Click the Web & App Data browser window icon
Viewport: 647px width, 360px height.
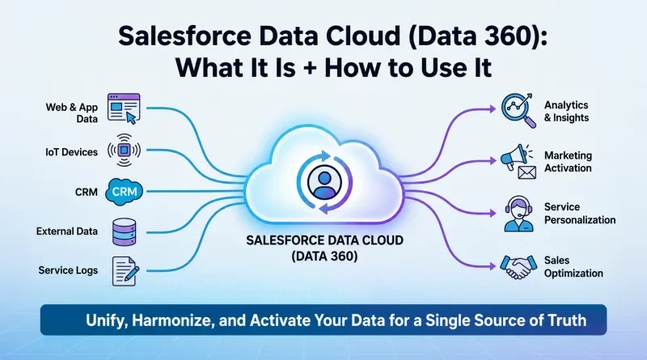coord(124,108)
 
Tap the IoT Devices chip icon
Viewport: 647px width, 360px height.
coord(125,150)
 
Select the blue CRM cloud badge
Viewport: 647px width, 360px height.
coord(125,192)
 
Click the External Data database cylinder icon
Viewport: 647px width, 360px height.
coord(125,232)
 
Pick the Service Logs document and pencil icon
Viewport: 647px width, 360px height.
coord(125,271)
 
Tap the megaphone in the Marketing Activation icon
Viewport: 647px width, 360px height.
coord(514,156)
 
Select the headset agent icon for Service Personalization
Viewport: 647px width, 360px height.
coord(518,214)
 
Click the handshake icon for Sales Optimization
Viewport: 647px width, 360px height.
coord(518,267)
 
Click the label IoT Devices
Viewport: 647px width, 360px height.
coord(71,152)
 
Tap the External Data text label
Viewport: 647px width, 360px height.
coord(67,231)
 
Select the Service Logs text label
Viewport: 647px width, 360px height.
coord(68,270)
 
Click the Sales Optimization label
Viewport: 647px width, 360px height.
coord(573,267)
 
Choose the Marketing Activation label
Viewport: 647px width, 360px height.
coord(568,162)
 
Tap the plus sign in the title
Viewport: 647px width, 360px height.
coord(310,69)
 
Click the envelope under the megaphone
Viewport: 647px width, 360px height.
coord(527,172)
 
